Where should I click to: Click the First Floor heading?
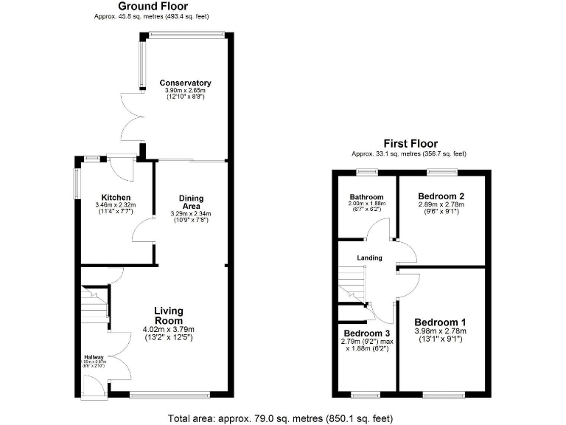(x=410, y=144)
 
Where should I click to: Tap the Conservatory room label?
(x=186, y=83)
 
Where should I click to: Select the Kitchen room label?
(x=116, y=197)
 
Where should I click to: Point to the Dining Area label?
(x=191, y=201)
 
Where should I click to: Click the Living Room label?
(x=168, y=316)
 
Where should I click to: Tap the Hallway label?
(x=95, y=356)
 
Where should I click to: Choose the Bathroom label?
(x=366, y=197)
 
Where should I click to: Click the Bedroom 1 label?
(x=440, y=322)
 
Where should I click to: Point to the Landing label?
(x=369, y=258)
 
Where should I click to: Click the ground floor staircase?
(x=94, y=303)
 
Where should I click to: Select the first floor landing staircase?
(x=352, y=284)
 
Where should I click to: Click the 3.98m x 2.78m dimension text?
(x=440, y=332)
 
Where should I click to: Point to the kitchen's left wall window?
(x=75, y=183)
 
